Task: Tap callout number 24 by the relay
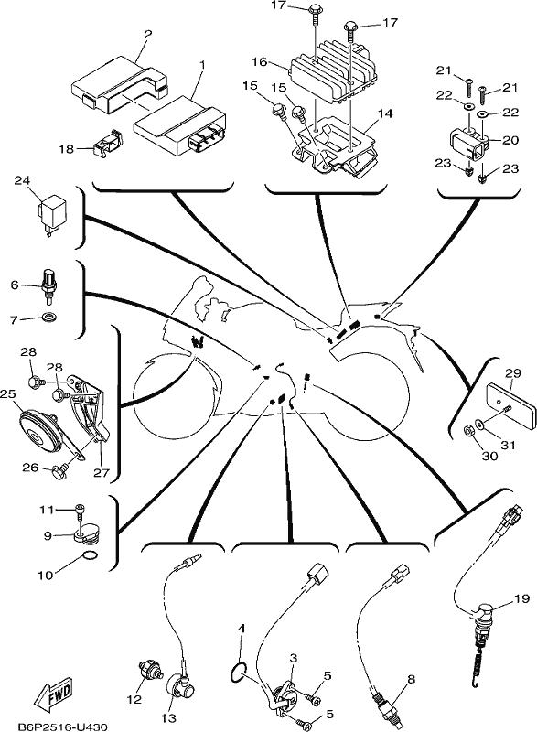pyautogui.click(x=21, y=179)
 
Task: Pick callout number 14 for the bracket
pyautogui.click(x=386, y=113)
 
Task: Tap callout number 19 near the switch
pyautogui.click(x=522, y=598)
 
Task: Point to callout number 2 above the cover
pyautogui.click(x=148, y=34)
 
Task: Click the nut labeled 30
pyautogui.click(x=471, y=429)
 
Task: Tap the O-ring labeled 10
pyautogui.click(x=90, y=556)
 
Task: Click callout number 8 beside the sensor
pyautogui.click(x=411, y=679)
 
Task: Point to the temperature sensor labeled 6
pyautogui.click(x=49, y=284)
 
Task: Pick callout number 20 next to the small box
pyautogui.click(x=511, y=140)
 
